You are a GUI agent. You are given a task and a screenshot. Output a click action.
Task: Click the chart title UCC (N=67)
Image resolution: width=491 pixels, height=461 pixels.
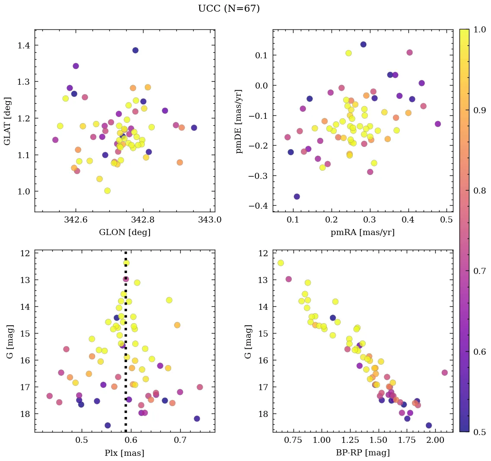pos(229,9)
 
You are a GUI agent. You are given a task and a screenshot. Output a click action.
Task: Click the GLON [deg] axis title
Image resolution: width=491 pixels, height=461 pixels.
pos(124,232)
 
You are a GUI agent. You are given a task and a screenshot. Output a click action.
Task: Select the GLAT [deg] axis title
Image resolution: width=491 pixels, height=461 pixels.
pos(7,121)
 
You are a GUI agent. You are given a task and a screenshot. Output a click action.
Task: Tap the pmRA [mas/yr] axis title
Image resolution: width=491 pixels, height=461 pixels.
pos(362,232)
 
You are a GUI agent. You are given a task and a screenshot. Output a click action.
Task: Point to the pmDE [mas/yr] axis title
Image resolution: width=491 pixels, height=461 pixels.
pos(239,121)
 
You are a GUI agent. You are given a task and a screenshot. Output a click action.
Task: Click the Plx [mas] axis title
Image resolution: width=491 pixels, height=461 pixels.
pos(124,453)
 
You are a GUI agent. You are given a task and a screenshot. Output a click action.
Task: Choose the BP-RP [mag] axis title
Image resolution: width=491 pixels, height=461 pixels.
pos(362,453)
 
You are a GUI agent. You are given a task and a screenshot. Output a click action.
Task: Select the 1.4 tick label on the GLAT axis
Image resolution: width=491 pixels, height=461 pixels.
pos(24,45)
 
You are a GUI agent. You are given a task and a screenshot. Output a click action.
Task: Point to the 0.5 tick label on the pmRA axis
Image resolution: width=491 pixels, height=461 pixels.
pos(446,220)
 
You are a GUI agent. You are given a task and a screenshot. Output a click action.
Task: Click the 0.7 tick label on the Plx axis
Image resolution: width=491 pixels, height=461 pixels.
pos(180,441)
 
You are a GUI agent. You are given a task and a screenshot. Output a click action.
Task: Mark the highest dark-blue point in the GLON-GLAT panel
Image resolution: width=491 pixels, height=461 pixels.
pos(135,51)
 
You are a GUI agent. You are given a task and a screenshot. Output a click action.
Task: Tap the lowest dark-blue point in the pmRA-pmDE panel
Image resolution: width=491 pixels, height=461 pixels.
pos(297,197)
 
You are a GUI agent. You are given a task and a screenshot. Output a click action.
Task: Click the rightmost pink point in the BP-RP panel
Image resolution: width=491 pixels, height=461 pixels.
pos(445,372)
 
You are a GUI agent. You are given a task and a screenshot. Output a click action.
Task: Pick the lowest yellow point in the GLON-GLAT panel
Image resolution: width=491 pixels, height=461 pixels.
pos(107,191)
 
